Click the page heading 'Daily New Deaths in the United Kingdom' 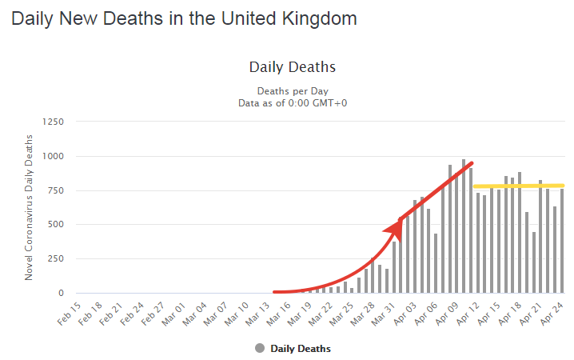coord(184,18)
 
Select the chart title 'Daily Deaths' coord(293,66)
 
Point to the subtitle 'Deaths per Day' coord(293,90)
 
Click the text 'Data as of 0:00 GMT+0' coord(293,103)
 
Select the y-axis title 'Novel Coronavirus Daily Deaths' coord(29,207)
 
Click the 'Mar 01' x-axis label coord(173,313)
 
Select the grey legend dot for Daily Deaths coord(261,348)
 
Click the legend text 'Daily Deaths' coord(301,348)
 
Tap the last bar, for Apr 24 coord(562,240)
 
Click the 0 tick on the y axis coord(59,293)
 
